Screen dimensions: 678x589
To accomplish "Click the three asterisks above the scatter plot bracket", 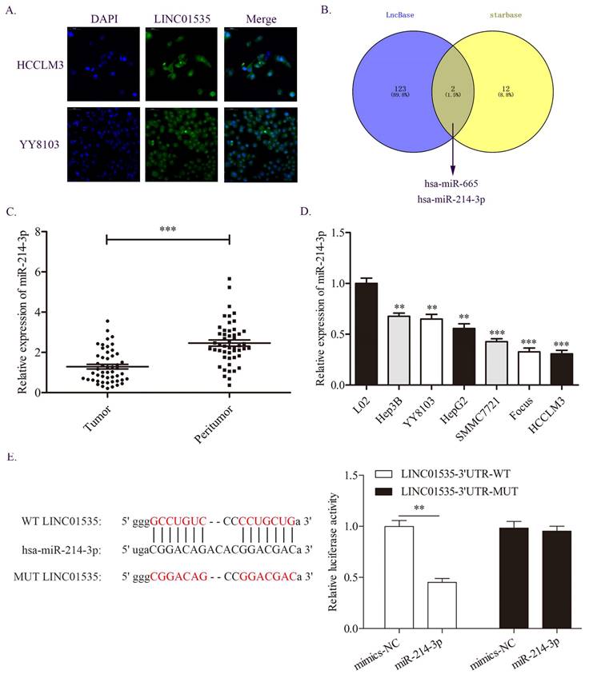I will (x=167, y=229).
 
